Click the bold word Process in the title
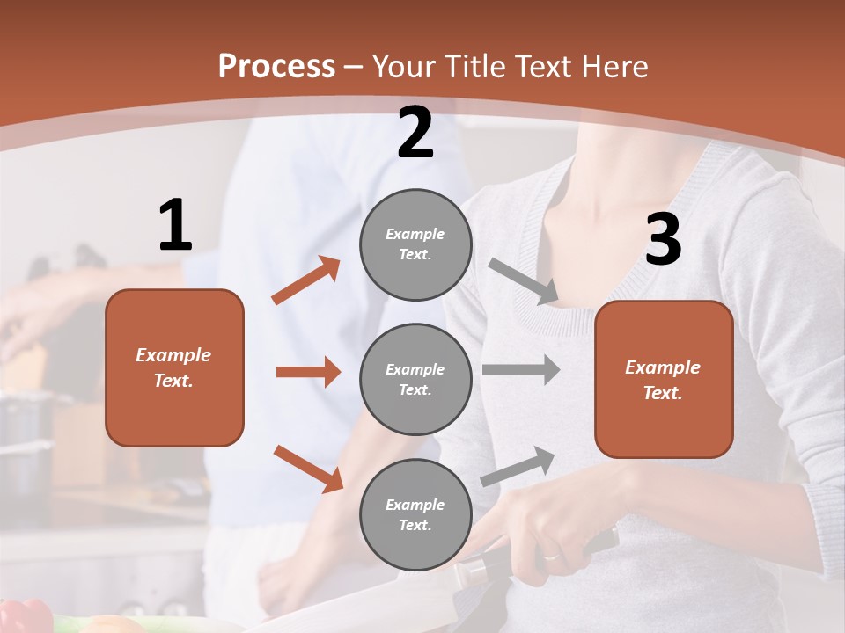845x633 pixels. tap(276, 67)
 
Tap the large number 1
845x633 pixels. tap(175, 226)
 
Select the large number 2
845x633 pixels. tap(415, 133)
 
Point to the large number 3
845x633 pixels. tap(663, 240)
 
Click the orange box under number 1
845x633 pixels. tap(174, 367)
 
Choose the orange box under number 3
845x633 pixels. tap(664, 380)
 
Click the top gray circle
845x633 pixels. tap(415, 244)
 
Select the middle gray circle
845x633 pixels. tap(415, 380)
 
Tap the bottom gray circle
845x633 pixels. tap(415, 515)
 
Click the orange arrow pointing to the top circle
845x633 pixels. tap(305, 280)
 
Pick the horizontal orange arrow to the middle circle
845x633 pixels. tap(308, 372)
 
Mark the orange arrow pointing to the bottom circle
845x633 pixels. tap(308, 469)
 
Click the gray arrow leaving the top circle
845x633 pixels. tap(524, 282)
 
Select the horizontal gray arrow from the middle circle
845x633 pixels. tap(521, 369)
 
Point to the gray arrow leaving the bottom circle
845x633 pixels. tap(518, 466)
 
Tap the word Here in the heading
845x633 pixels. tap(614, 67)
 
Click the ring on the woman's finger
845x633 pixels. tap(550, 556)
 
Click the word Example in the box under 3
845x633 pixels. tap(663, 367)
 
